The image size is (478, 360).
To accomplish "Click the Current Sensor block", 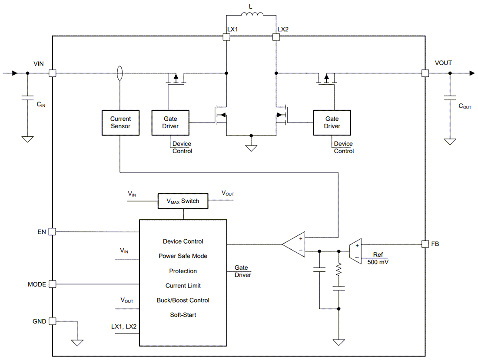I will point(120,122).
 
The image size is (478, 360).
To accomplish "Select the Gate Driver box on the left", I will point(170,122).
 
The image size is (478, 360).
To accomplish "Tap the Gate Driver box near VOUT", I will point(332,122).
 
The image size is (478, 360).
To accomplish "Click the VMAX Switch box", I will point(183,201).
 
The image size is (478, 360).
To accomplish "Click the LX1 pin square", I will point(226,37).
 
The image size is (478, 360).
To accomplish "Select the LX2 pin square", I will point(276,37).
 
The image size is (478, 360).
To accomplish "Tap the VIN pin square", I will point(53,73).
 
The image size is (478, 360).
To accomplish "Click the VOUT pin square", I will point(425,73).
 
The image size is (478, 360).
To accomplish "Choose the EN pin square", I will point(53,232).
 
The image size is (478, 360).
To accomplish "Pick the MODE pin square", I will point(53,284).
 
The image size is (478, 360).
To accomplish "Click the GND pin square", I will point(53,321).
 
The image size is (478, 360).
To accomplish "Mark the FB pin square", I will point(425,244).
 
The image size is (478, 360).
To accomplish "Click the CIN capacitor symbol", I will point(27,99).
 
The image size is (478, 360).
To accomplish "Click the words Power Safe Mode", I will point(183,256).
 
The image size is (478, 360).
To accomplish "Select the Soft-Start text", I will point(183,315).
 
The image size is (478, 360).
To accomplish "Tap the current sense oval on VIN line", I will point(120,73).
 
